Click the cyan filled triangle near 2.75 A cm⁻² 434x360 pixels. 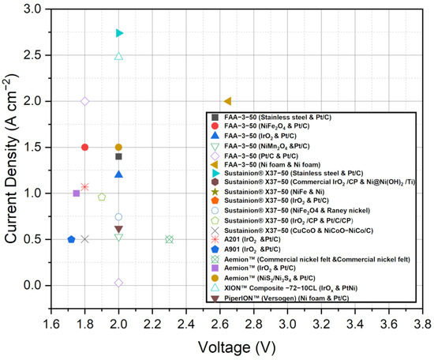tap(119, 33)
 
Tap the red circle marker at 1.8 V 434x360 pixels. tap(84, 147)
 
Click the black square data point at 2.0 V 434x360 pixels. tap(118, 156)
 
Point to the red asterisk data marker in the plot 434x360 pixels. tap(84, 187)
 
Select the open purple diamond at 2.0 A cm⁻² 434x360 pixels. tap(84, 101)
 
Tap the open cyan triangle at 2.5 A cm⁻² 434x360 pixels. tap(118, 56)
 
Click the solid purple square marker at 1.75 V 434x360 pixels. tap(77, 193)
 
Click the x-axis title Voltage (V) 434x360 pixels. tap(237, 346)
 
